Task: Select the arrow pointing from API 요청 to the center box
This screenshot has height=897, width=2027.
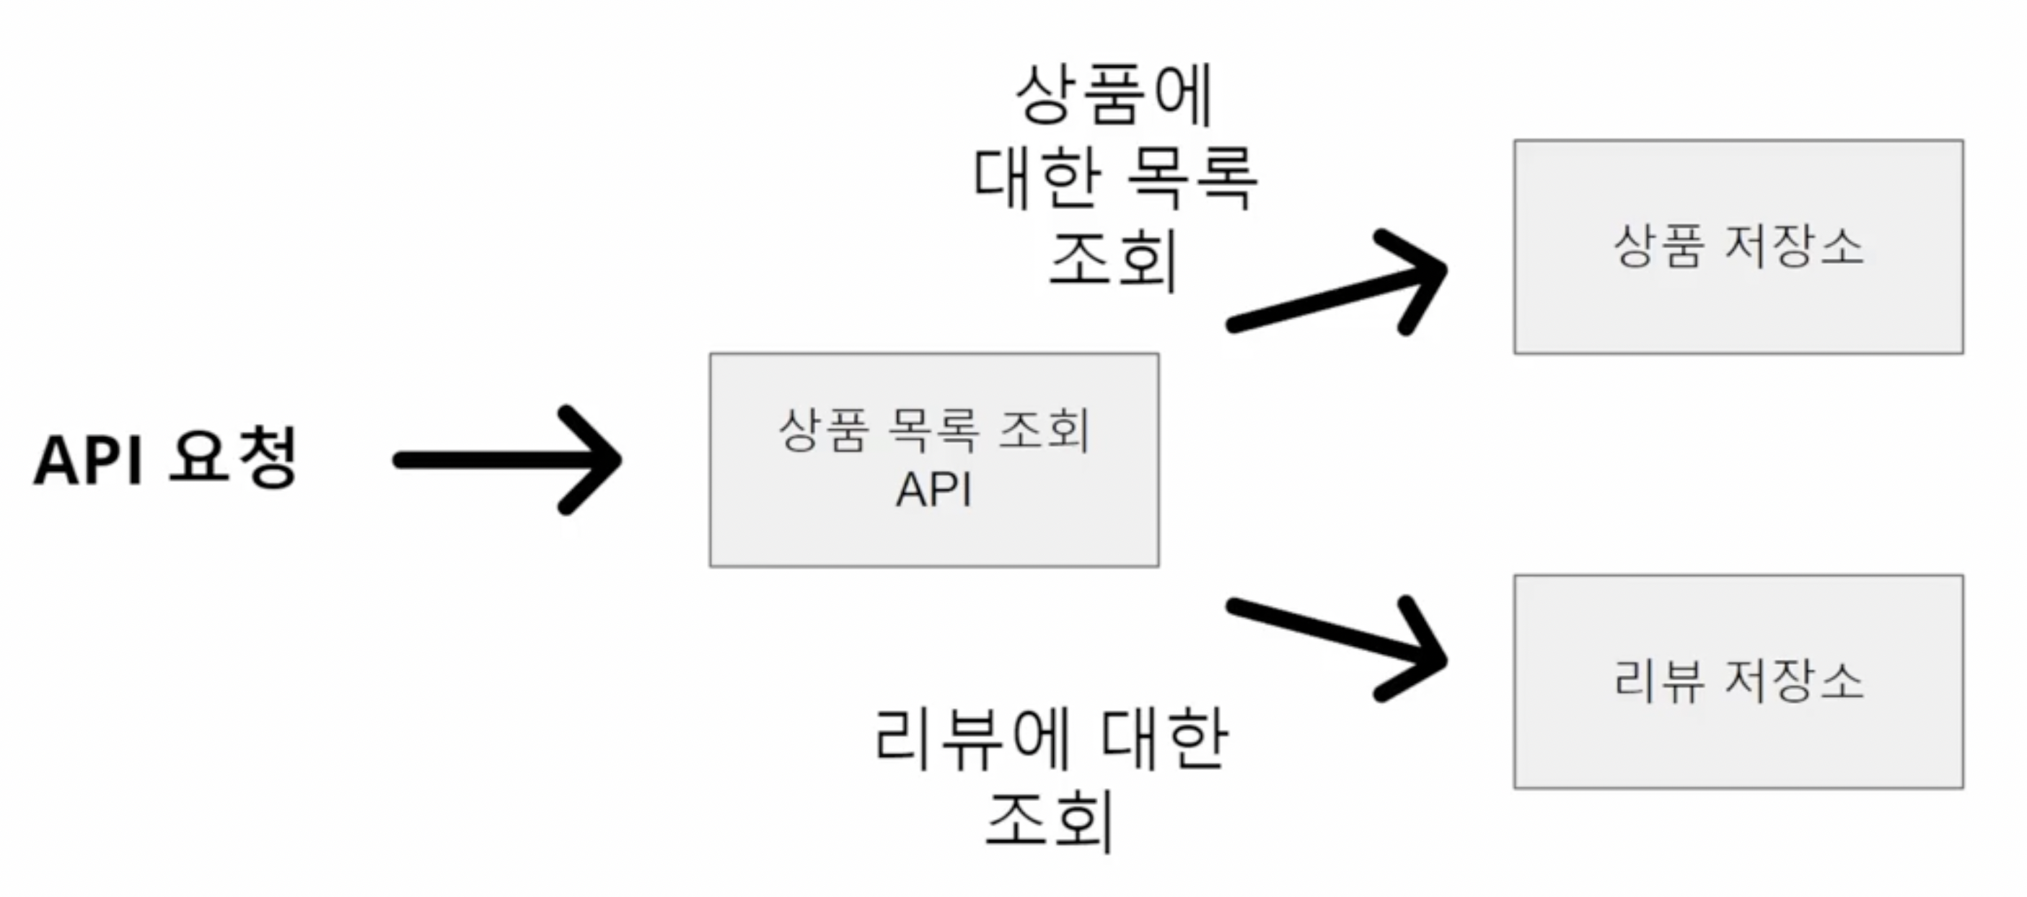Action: [504, 459]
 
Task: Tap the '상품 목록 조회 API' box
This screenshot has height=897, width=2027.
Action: [934, 459]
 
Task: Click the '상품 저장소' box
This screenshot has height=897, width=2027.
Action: [1738, 247]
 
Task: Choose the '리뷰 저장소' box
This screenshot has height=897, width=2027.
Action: [1738, 681]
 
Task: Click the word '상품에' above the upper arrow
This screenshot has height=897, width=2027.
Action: [1114, 96]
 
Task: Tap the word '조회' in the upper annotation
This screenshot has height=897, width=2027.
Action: [1114, 260]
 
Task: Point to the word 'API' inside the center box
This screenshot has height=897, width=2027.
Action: [934, 490]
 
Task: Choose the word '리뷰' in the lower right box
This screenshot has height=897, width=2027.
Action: [1658, 680]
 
